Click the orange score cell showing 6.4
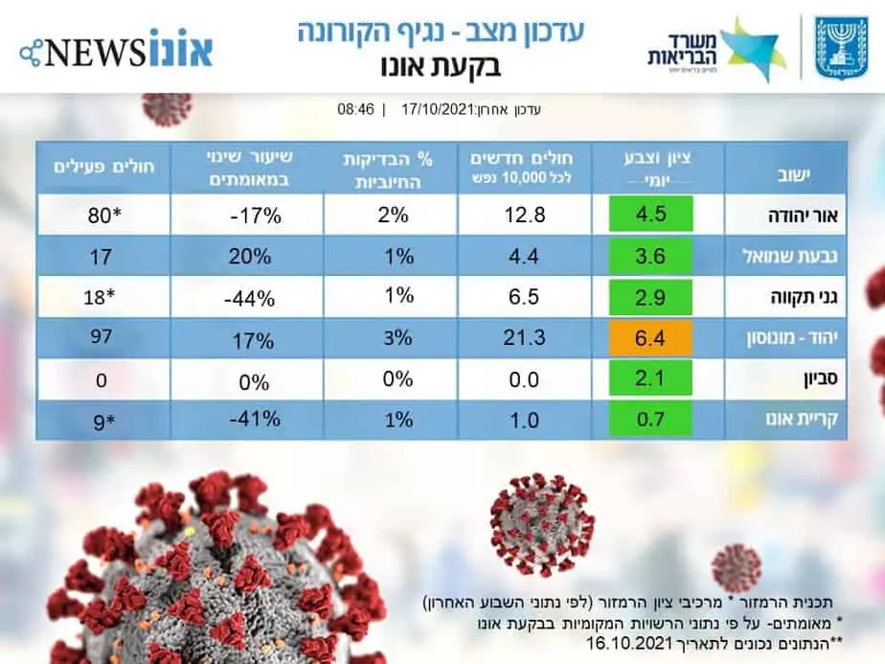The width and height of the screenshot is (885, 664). coord(650,337)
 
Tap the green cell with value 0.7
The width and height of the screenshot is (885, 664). coord(650,419)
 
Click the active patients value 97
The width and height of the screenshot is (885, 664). coord(98,337)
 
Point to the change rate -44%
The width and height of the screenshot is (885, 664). coord(248,297)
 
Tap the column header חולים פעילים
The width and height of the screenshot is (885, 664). coord(98,168)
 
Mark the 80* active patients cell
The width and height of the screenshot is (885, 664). coord(98,215)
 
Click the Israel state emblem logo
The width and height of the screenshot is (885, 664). coord(841,48)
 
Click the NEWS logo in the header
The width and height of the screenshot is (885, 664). coord(115,47)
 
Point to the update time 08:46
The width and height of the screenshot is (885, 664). coord(355,109)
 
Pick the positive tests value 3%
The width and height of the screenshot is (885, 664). coord(397,337)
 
